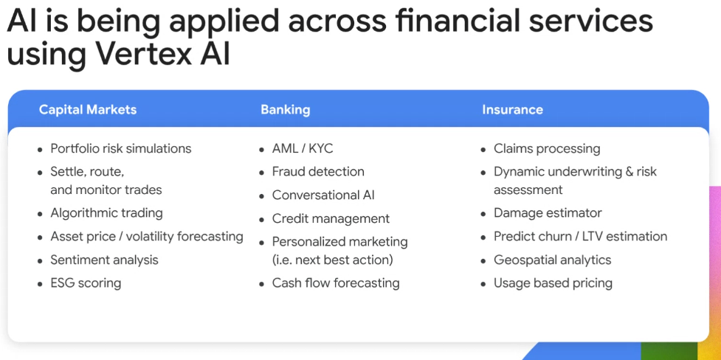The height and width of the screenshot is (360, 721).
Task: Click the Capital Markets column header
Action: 88,109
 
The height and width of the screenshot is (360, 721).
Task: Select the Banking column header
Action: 285,110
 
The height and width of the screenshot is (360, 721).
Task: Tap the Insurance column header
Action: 512,109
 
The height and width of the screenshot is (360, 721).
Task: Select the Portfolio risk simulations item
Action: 121,148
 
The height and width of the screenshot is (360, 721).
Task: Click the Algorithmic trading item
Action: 107,213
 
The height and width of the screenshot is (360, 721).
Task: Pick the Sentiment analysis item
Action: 104,260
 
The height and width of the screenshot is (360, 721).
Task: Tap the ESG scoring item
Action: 86,283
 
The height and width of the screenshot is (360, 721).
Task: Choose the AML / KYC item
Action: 303,148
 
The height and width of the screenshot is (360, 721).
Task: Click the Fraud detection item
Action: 318,171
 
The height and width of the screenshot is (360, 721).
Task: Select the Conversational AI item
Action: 323,195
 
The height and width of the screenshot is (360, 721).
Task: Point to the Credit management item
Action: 331,218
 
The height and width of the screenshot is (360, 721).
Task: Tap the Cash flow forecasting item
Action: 336,283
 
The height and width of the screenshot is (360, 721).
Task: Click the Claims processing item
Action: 547,148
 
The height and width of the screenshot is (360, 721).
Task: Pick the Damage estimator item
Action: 548,213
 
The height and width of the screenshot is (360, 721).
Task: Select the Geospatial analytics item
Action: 553,260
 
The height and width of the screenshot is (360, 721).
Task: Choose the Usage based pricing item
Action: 553,283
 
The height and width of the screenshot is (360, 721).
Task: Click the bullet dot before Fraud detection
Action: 262,173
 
